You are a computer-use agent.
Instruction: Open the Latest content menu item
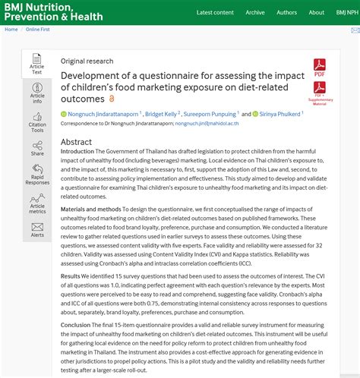[215, 13]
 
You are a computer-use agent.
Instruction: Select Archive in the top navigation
[255, 13]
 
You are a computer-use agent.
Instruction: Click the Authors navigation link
[286, 13]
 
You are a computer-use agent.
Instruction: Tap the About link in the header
[317, 13]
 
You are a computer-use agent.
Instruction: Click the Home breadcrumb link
[11, 30]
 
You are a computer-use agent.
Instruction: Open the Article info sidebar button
[37, 93]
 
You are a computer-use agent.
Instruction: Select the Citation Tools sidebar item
[37, 121]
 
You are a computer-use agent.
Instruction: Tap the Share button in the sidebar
[37, 149]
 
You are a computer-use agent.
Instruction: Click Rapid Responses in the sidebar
[37, 176]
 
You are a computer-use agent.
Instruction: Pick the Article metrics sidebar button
[37, 203]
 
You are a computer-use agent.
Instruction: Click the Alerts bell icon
[37, 229]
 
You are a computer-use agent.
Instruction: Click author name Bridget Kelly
[161, 114]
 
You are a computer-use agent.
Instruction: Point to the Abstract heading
[76, 142]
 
